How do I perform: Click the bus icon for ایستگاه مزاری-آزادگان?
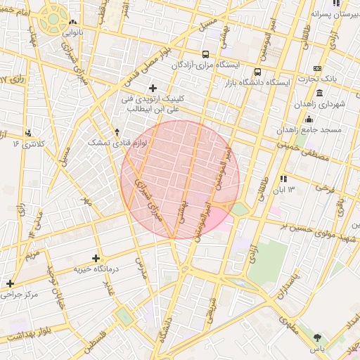click(x=205, y=54)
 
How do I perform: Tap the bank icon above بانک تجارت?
click(x=317, y=68)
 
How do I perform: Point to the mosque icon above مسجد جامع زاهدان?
click(x=309, y=120)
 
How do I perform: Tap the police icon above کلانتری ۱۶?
click(x=29, y=133)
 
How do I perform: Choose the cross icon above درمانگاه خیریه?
click(x=96, y=258)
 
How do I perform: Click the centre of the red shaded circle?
click(x=180, y=180)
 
